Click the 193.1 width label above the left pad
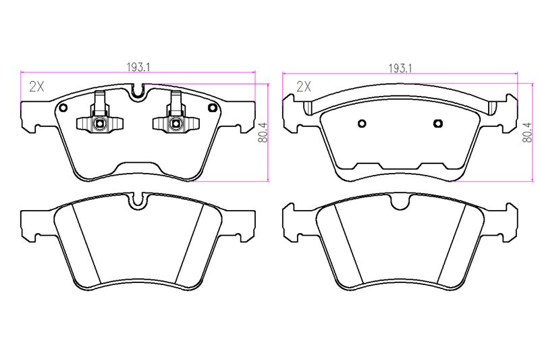click(138, 67)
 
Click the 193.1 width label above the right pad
click(400, 68)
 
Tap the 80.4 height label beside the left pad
click(263, 132)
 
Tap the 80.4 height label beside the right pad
click(527, 132)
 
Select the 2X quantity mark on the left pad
click(37, 86)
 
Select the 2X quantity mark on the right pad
click(304, 86)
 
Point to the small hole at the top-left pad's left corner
click(63, 108)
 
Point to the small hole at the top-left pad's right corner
click(211, 108)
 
